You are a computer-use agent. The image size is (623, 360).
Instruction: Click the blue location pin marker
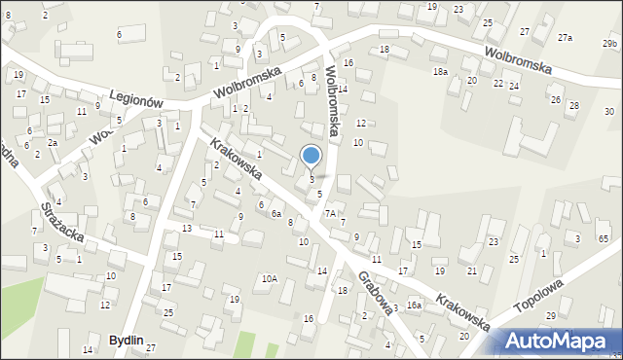[311, 156]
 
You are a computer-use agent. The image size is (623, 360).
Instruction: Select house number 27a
[565, 37]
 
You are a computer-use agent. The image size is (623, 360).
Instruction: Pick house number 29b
[610, 44]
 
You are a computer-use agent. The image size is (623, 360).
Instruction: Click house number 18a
[440, 72]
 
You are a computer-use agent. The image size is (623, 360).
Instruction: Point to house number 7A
[330, 213]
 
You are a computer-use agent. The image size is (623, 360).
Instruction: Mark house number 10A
[269, 279]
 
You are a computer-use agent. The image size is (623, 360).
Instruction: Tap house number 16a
[414, 306]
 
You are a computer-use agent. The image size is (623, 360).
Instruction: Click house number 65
[603, 239]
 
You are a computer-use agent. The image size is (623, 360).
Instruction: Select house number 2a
[54, 143]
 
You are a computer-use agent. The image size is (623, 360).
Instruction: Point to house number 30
[608, 112]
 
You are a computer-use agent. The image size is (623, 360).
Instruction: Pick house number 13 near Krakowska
[186, 228]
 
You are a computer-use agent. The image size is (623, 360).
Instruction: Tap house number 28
[573, 105]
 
